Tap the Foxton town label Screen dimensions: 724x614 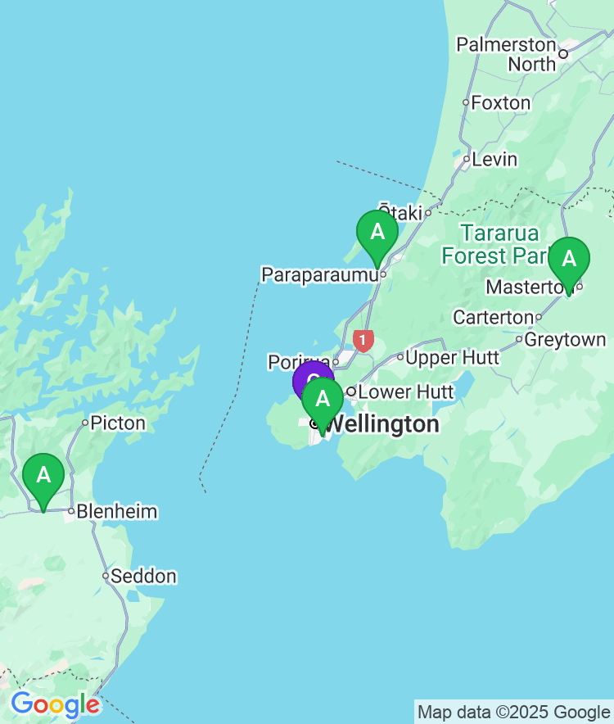tap(501, 103)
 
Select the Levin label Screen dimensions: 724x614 tap(495, 159)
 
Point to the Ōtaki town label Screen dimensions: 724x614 tap(400, 211)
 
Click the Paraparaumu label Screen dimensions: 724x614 tap(319, 274)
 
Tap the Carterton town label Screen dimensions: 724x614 tap(493, 317)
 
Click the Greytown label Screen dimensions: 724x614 tap(566, 339)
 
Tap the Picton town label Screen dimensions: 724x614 tap(118, 423)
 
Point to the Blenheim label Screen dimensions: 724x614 tap(117, 512)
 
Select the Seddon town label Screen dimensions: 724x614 tap(143, 577)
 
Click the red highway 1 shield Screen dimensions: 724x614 tap(363, 339)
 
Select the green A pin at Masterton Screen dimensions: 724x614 tap(568, 260)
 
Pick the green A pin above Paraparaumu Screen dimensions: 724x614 tap(377, 233)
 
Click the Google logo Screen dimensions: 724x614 tap(55, 704)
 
